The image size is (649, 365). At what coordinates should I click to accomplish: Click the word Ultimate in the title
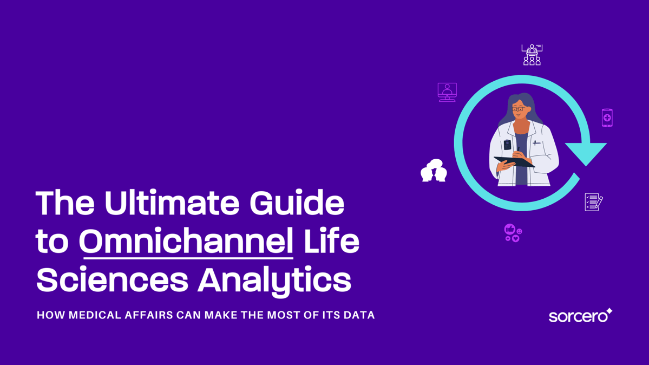pyautogui.click(x=172, y=203)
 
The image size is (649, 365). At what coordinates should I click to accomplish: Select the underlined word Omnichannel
pyautogui.click(x=186, y=242)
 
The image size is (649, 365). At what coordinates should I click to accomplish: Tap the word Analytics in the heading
pyautogui.click(x=274, y=281)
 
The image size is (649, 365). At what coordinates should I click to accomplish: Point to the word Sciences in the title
pyautogui.click(x=112, y=281)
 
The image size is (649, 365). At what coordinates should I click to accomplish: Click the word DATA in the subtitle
pyautogui.click(x=358, y=315)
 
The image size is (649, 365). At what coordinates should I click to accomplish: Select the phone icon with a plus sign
pyautogui.click(x=607, y=118)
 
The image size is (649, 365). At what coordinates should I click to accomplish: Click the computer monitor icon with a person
pyautogui.click(x=447, y=92)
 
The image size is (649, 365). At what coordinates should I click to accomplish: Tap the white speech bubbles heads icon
pyautogui.click(x=434, y=171)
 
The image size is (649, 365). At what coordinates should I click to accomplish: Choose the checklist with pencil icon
pyautogui.click(x=593, y=201)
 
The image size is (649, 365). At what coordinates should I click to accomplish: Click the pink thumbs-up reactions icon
pyautogui.click(x=513, y=233)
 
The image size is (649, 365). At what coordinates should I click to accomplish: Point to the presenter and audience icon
pyautogui.click(x=532, y=55)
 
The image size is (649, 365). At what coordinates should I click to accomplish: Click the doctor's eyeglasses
pyautogui.click(x=518, y=109)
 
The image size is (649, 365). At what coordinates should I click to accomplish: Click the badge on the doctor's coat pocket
pyautogui.click(x=507, y=145)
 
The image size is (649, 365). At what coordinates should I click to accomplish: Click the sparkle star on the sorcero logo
pyautogui.click(x=609, y=311)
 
